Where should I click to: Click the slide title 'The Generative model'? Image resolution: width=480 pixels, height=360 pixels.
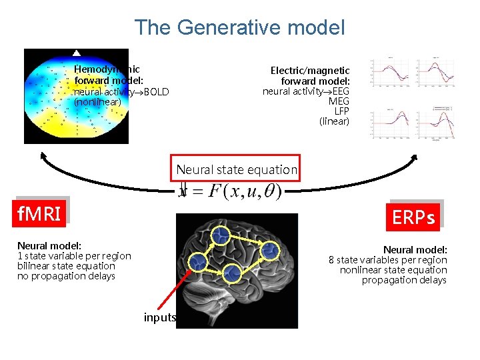tap(239, 27)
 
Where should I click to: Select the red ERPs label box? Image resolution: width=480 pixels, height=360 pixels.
tap(413, 217)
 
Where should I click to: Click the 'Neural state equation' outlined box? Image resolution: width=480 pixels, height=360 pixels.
tap(237, 169)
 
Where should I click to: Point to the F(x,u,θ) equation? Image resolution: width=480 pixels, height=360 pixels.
tap(232, 191)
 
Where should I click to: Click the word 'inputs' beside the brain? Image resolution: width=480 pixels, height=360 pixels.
tap(159, 317)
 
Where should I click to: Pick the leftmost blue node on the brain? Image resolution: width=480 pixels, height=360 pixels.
tap(197, 263)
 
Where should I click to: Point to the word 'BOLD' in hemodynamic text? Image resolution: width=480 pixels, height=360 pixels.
tap(156, 92)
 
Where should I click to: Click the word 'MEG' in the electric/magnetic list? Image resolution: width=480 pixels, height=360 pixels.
tap(339, 101)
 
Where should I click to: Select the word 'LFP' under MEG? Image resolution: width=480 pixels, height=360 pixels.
tap(341, 111)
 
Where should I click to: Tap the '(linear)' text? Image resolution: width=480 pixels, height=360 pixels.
tap(334, 121)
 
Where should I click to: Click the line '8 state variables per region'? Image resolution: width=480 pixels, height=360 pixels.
tap(387, 260)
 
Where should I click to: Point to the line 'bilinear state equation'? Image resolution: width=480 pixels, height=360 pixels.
tap(66, 266)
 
